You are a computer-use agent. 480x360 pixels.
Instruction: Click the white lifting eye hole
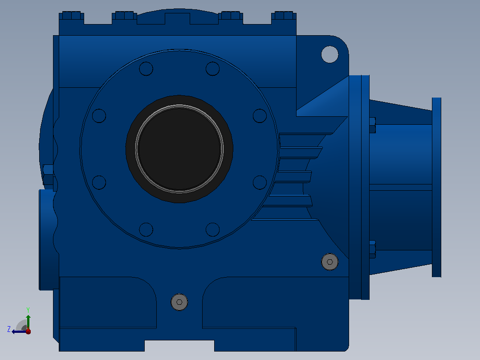point(329,54)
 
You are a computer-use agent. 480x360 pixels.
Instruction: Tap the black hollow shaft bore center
point(179,149)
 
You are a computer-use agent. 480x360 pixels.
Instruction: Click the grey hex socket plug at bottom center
point(179,302)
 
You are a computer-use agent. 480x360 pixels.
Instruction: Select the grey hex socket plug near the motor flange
point(329,262)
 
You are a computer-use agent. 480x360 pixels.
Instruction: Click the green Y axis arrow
point(28,322)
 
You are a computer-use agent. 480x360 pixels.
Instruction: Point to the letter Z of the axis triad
point(9,329)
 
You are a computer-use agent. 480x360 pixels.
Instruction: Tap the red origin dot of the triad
point(28,331)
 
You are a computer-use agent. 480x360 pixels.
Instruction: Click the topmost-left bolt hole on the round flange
point(146,69)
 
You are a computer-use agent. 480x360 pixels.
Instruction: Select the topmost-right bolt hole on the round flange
point(212,69)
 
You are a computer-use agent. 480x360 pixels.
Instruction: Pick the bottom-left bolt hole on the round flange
point(146,229)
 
